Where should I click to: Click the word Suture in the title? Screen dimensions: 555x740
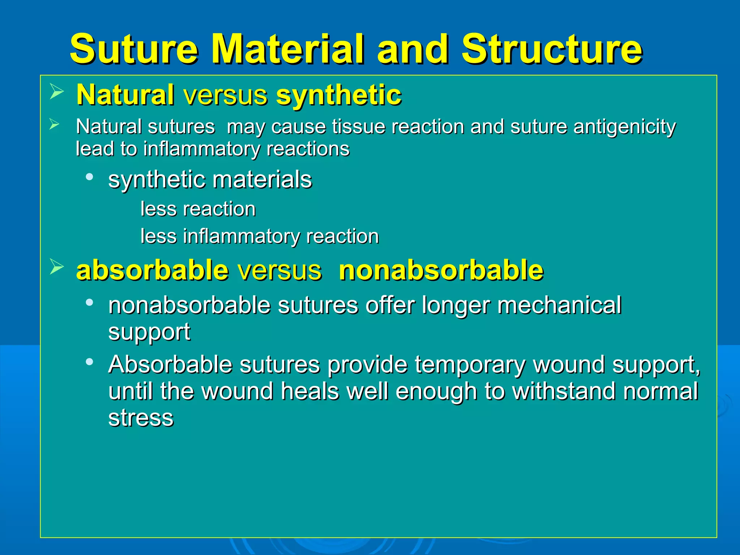pyautogui.click(x=134, y=49)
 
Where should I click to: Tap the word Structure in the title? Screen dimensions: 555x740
pyautogui.click(x=552, y=49)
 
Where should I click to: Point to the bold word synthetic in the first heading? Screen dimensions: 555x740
pyautogui.click(x=339, y=95)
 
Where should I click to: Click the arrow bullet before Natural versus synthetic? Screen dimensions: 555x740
pyautogui.click(x=56, y=91)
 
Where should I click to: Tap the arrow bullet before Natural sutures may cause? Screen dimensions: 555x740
pyautogui.click(x=54, y=125)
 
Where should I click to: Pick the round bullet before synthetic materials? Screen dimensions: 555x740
pyautogui.click(x=90, y=177)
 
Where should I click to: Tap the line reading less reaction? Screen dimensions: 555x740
pyautogui.click(x=198, y=209)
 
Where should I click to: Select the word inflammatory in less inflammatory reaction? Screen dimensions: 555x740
pyautogui.click(x=241, y=237)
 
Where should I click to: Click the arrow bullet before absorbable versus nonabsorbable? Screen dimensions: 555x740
pyautogui.click(x=56, y=267)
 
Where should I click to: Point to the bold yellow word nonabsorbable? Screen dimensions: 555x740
pyautogui.click(x=441, y=270)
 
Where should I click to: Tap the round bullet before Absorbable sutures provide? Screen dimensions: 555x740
pyautogui.click(x=90, y=362)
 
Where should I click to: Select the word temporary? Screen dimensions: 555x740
pyautogui.click(x=470, y=365)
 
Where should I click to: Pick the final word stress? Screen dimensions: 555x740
pyautogui.click(x=141, y=418)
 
